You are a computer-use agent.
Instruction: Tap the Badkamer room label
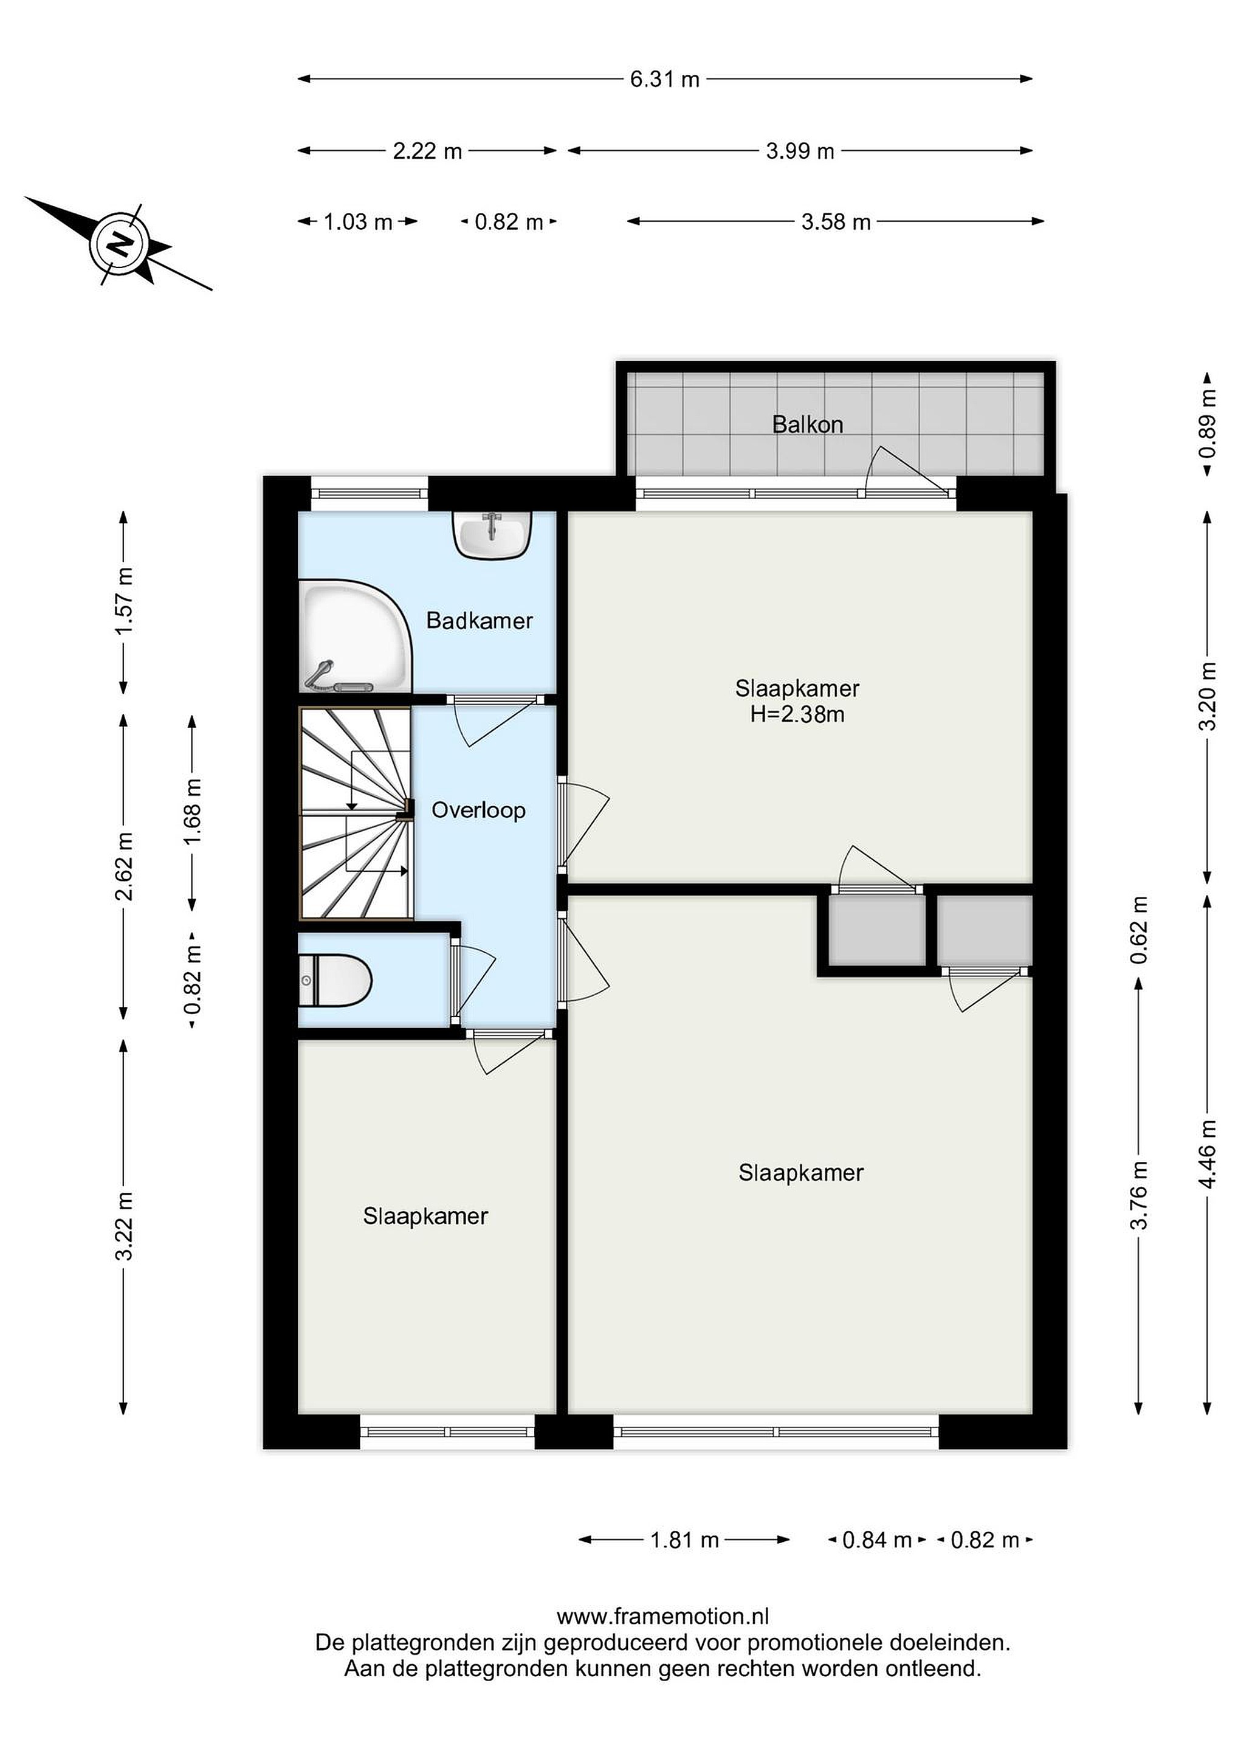coord(479,620)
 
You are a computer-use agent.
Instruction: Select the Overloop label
coord(479,810)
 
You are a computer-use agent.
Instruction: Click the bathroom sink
coord(492,534)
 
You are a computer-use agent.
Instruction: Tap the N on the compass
coord(119,244)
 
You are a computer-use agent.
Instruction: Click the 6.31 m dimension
coord(664,79)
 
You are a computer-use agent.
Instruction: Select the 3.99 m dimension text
coord(800,151)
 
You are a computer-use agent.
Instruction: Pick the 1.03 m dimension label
coord(357,222)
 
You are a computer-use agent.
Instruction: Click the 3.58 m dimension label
coord(836,222)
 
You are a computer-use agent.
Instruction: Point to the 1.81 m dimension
coord(684,1540)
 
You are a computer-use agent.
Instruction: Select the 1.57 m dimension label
coord(124,601)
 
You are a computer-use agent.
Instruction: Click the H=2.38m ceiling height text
coord(797,714)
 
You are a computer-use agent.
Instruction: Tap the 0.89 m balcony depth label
coord(1207,423)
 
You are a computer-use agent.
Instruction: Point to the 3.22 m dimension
coord(124,1226)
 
